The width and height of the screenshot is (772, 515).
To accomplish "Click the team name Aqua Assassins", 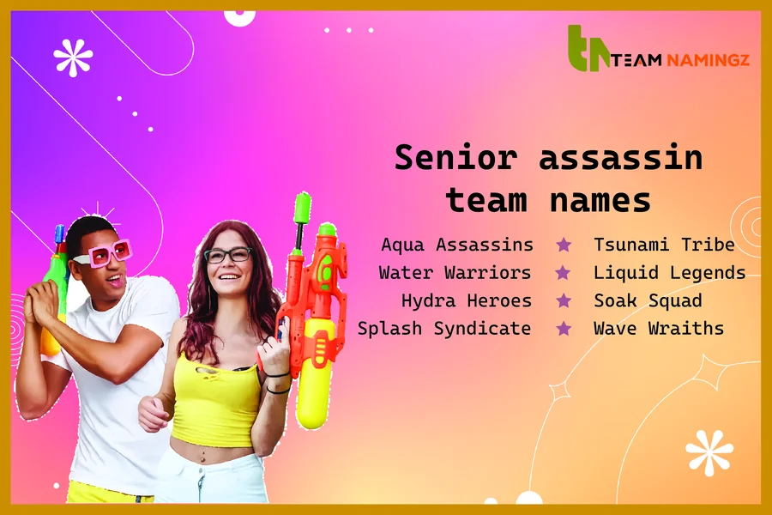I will coord(456,245).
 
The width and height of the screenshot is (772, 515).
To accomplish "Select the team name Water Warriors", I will coord(455,273).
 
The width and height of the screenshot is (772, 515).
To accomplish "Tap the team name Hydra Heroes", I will coord(466,300).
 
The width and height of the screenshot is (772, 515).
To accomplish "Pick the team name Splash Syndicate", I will coord(444,328).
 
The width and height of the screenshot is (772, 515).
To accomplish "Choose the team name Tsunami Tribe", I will coord(664,245).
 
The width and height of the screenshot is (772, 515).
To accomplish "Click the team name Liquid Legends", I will coord(669,273).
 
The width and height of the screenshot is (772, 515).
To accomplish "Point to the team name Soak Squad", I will coord(648,300).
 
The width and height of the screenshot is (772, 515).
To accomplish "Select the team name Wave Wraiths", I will coord(659,328).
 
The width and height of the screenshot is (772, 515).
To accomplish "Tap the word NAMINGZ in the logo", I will coord(705,61).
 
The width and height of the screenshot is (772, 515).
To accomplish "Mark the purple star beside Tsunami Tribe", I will coord(564,245).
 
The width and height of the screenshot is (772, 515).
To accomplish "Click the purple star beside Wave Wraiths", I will coord(564,328).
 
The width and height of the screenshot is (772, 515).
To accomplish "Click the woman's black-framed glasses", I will coord(227,255).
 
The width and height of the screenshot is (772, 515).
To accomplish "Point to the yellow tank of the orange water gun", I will coord(315,369).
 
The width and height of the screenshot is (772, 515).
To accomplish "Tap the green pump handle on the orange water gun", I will coord(302,209).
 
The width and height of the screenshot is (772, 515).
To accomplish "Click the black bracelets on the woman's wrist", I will coord(277,383).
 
